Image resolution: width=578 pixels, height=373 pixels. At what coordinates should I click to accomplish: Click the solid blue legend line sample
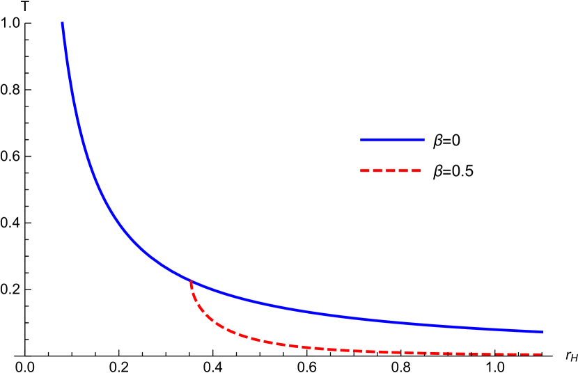(392, 140)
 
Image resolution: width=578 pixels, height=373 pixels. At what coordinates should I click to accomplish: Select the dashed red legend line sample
(391, 170)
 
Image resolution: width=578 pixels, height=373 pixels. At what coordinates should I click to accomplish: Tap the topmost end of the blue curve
(62, 23)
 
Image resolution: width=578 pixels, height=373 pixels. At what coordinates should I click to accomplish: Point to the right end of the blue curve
(542, 331)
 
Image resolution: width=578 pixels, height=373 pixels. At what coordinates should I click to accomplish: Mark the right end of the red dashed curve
(541, 354)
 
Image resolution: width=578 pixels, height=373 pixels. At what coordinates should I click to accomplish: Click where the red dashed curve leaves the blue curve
(191, 281)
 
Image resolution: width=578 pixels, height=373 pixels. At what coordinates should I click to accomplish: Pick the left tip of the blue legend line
(361, 140)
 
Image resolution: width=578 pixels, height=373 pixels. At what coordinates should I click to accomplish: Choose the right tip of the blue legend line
(423, 140)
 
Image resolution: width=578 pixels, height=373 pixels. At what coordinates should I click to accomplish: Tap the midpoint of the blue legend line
(392, 140)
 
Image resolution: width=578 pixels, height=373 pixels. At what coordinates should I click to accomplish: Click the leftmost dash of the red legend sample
(364, 170)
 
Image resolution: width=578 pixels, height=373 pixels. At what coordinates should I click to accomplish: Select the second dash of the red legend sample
(377, 170)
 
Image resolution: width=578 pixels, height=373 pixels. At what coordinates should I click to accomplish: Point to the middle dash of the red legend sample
(391, 170)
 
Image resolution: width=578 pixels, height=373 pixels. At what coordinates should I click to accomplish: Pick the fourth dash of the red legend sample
(404, 170)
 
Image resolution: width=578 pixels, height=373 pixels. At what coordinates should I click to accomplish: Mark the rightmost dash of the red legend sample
(416, 170)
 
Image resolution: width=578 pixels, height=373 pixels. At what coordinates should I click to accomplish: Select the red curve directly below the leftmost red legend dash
(364, 350)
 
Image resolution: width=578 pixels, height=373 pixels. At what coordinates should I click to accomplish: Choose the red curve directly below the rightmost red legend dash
(416, 352)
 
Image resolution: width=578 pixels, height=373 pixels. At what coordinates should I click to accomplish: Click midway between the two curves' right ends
(542, 343)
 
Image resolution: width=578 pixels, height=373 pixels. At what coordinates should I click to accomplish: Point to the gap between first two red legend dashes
(370, 170)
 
